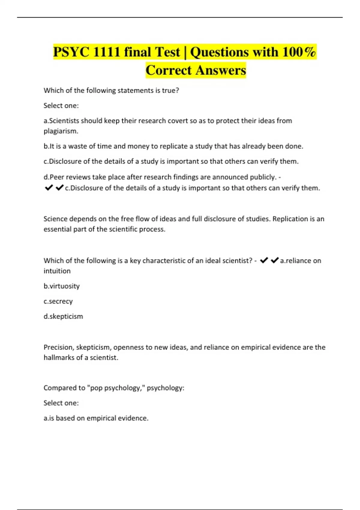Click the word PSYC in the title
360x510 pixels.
point(71,52)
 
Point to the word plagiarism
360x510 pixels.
point(61,131)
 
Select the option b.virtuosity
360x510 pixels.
point(61,286)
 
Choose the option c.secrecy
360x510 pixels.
point(58,301)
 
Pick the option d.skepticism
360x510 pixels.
point(63,316)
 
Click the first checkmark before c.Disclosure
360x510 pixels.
point(49,188)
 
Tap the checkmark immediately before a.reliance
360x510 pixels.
point(274,260)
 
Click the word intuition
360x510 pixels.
point(57,271)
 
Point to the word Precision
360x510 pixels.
point(58,347)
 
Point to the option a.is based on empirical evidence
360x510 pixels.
point(96,418)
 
